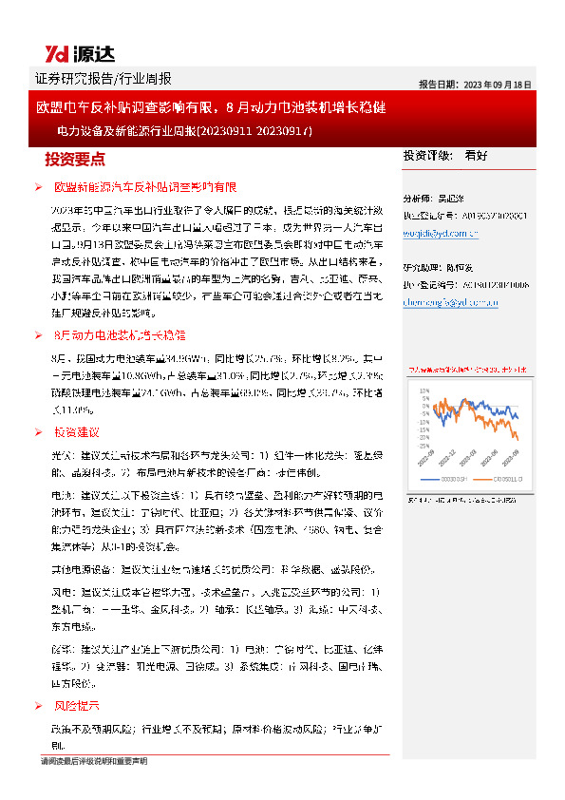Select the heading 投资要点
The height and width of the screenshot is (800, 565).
75,159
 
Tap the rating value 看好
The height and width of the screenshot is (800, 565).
476,155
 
